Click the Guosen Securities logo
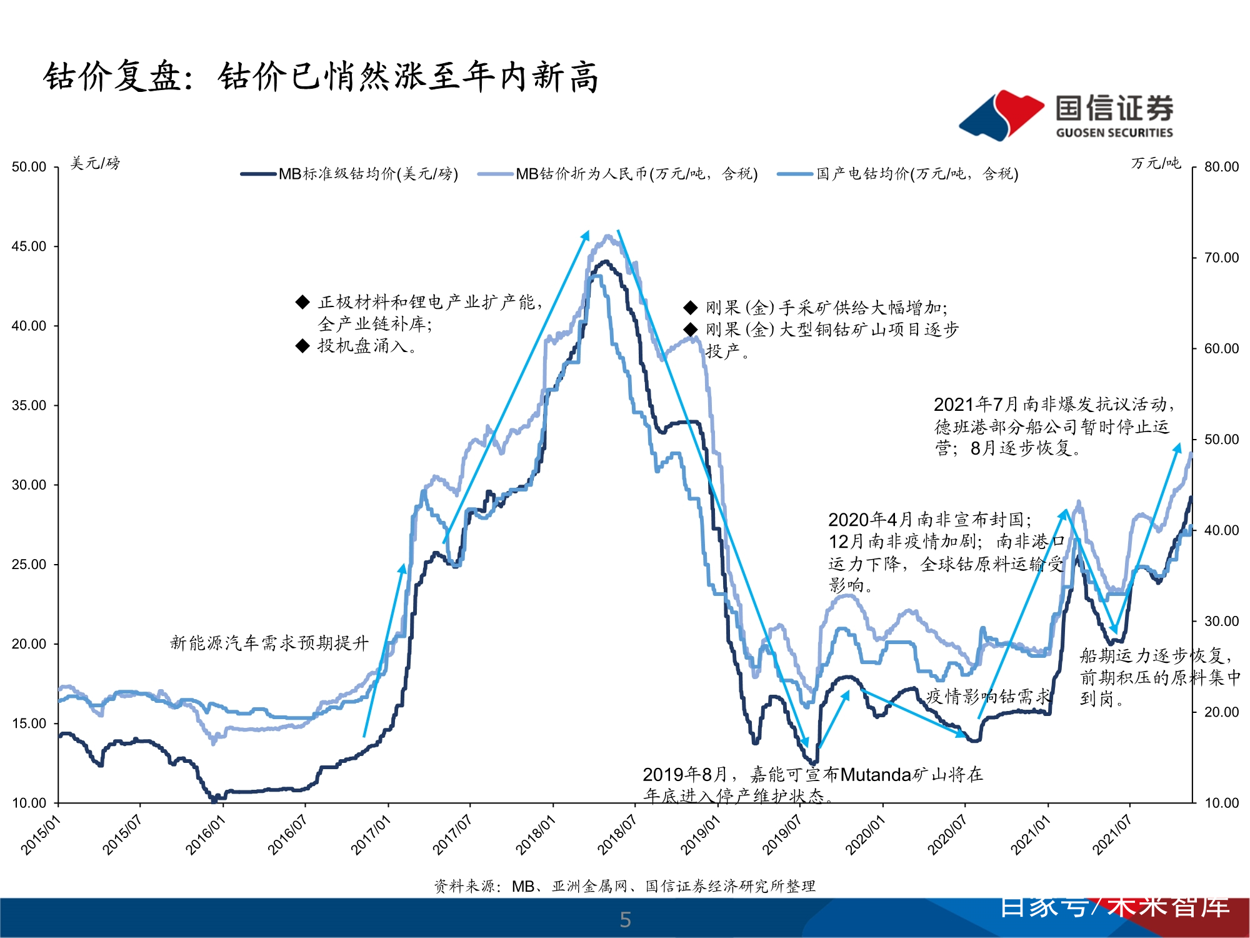click(1066, 115)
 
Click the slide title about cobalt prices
click(321, 78)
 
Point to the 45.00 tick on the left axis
click(29, 246)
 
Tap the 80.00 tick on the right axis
click(1221, 167)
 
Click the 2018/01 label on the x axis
click(535, 835)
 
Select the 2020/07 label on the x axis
click(947, 835)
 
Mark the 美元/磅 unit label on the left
click(95, 163)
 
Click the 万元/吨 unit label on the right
click(1156, 163)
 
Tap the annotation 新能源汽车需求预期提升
click(269, 643)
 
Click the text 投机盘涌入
click(366, 346)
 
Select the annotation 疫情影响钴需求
click(988, 696)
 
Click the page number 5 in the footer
click(625, 919)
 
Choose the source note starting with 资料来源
click(625, 886)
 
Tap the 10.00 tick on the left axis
click(29, 803)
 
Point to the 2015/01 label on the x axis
click(41, 835)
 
